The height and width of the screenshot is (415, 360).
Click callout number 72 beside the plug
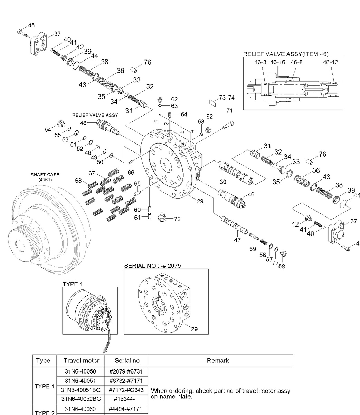point(177,219)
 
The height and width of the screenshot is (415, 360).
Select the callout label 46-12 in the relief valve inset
point(331,62)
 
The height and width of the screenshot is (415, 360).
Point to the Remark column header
point(218,360)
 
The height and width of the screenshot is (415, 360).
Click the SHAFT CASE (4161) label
point(45,177)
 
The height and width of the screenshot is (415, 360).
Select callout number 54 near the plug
point(48,129)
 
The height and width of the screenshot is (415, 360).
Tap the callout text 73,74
point(226,98)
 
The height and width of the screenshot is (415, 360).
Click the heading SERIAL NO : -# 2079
point(152,266)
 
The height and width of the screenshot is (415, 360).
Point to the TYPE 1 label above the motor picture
point(73,284)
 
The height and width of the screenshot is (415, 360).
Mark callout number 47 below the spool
point(237,240)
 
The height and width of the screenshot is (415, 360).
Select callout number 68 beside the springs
point(78,181)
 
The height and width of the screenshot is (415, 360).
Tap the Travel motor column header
point(81,360)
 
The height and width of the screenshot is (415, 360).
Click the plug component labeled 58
point(283,254)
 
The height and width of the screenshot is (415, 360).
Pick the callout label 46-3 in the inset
point(260,62)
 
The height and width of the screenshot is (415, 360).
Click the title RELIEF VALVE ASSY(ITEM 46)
point(286,54)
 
